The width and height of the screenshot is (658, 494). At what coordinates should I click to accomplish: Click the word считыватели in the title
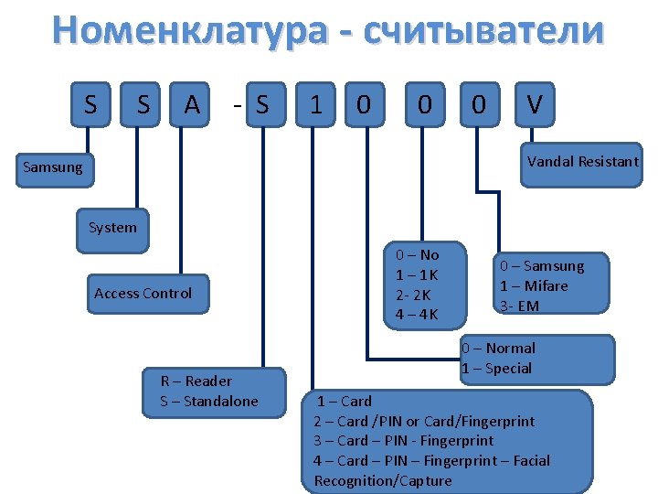(483, 30)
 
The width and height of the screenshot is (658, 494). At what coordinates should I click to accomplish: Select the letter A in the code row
(192, 105)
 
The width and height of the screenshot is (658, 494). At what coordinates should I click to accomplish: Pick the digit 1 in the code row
(315, 105)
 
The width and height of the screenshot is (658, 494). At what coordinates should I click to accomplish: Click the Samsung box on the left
(52, 167)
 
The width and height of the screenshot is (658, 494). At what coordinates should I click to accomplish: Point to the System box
(112, 227)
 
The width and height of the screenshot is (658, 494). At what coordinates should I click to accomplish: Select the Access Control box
(143, 293)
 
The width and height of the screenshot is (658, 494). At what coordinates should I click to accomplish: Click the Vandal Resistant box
(582, 161)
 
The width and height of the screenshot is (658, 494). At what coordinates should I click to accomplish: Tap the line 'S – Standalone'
(209, 401)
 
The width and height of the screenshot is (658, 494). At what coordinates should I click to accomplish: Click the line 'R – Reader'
(196, 381)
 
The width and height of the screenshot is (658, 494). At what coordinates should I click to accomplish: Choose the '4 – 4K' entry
(417, 315)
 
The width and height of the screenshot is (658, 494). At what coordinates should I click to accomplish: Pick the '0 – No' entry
(417, 254)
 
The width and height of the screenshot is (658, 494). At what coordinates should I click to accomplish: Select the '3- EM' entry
(519, 306)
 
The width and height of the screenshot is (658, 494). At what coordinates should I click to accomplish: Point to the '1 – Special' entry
(496, 368)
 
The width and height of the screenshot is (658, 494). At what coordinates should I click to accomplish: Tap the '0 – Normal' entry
(498, 348)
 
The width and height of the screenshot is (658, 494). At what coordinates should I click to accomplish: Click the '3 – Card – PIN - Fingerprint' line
(403, 441)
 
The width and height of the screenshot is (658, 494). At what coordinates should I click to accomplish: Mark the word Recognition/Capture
(383, 481)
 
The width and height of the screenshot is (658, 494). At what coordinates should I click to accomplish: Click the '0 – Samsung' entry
(541, 265)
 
